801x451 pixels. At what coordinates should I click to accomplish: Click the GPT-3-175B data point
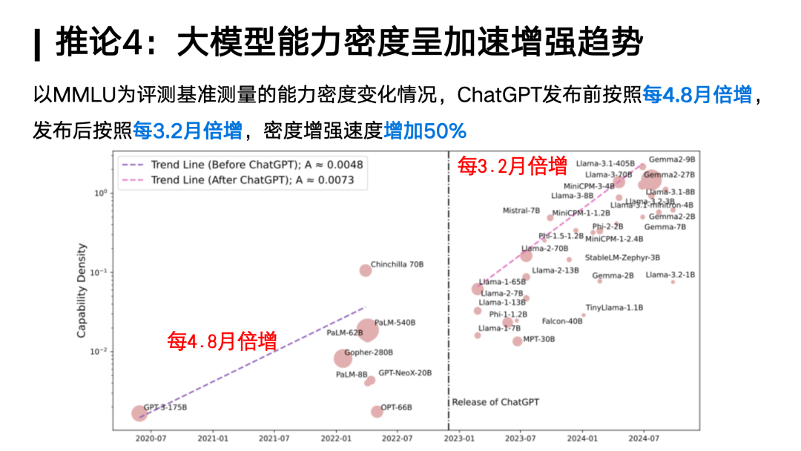click(x=139, y=413)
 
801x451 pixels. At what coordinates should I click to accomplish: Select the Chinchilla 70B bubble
click(x=365, y=270)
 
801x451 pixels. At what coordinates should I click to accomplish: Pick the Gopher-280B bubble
click(x=342, y=359)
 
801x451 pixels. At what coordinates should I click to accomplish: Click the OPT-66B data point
click(x=377, y=412)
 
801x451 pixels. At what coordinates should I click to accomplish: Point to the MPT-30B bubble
click(x=517, y=341)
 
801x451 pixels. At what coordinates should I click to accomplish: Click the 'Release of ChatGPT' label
click(x=495, y=402)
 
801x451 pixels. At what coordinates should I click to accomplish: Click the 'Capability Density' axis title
click(x=82, y=292)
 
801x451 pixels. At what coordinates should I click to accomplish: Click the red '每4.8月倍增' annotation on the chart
click(x=222, y=341)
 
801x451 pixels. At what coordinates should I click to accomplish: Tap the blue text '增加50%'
click(x=425, y=132)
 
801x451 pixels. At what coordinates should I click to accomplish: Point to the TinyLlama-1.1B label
click(x=614, y=307)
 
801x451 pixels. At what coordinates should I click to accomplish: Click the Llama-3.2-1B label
click(x=670, y=274)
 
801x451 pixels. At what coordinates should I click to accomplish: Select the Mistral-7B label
click(x=521, y=211)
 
